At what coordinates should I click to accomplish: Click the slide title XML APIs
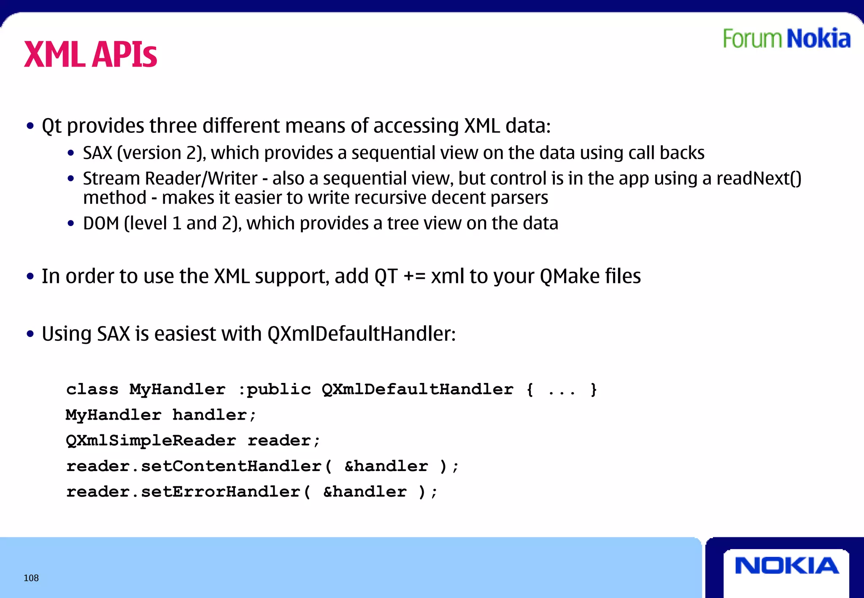[90, 55]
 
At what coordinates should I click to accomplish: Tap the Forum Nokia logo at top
[786, 39]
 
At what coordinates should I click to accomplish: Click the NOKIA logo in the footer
[786, 566]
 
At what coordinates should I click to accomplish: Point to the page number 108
[31, 578]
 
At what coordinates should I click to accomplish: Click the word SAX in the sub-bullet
[97, 153]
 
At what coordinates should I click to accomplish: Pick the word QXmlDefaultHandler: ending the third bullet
[362, 334]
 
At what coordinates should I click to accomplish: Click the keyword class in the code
[92, 389]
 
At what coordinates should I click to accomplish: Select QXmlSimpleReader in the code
[151, 441]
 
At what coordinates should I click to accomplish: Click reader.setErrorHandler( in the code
[189, 492]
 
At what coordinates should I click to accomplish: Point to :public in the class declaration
[275, 389]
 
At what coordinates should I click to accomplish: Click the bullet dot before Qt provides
[30, 126]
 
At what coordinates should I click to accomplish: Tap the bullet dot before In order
[30, 277]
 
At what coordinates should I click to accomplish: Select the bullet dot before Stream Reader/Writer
[71, 179]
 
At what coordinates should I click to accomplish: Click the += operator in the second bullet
[414, 277]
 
